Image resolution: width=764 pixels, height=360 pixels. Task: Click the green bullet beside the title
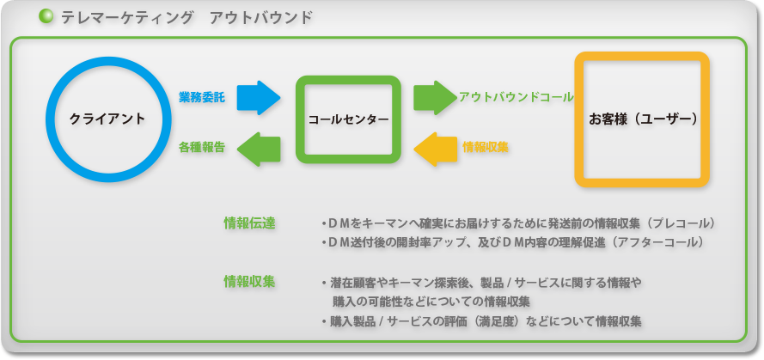point(46,17)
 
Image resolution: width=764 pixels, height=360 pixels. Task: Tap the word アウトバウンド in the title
point(261,18)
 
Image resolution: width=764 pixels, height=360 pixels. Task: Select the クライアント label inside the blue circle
point(107,119)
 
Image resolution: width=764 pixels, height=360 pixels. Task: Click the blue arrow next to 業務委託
point(259,98)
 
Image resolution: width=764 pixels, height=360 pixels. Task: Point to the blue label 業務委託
point(202,97)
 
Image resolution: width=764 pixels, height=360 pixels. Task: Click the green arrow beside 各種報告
point(259,149)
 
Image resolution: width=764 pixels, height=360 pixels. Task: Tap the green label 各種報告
point(202,148)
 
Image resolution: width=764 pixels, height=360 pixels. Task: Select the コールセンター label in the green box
point(348,119)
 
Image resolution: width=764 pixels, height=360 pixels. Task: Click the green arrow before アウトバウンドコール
point(435,98)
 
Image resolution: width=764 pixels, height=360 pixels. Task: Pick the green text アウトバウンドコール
point(516,97)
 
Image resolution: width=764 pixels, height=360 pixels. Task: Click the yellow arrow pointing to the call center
point(435,149)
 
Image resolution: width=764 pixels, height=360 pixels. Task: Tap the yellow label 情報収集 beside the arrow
point(486,148)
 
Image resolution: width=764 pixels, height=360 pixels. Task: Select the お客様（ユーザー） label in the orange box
point(642,119)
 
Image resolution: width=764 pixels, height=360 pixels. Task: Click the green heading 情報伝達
point(249,223)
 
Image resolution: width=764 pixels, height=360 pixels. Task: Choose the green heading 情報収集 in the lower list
point(249,282)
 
